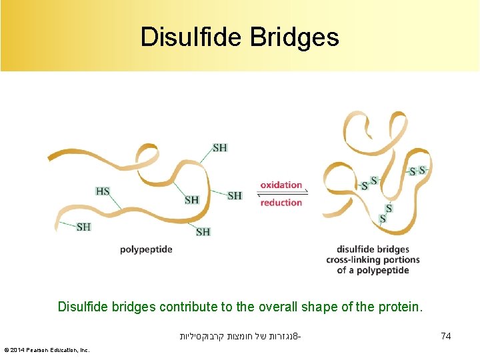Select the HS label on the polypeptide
pyautogui.click(x=103, y=191)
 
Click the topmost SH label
pyautogui.click(x=219, y=147)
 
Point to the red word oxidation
pyautogui.click(x=281, y=185)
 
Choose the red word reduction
pyautogui.click(x=281, y=203)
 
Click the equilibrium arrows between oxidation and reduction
pyautogui.click(x=281, y=194)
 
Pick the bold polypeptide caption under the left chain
pyautogui.click(x=146, y=249)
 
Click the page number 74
pyautogui.click(x=446, y=337)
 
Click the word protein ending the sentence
pyautogui.click(x=399, y=307)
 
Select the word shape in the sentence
pyautogui.click(x=322, y=307)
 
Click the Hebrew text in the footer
pyautogui.click(x=239, y=337)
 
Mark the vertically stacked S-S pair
pyautogui.click(x=385, y=213)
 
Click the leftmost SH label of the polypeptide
pyautogui.click(x=83, y=227)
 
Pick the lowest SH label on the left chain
pyautogui.click(x=203, y=232)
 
